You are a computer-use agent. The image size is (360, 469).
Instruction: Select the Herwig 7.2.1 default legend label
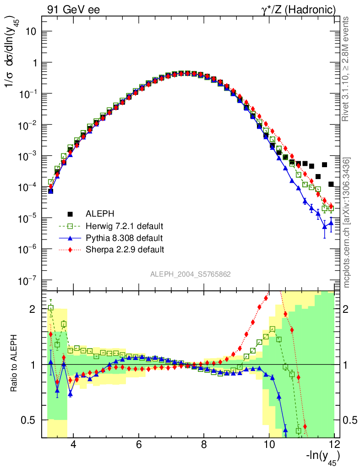(x=125, y=226)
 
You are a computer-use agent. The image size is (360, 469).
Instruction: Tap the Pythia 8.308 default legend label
(x=124, y=238)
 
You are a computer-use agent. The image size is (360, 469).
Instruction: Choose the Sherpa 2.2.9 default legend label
(x=125, y=250)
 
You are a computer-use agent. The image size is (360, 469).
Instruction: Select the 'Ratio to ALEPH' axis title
(x=15, y=365)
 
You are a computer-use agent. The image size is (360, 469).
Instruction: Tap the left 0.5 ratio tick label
(x=28, y=420)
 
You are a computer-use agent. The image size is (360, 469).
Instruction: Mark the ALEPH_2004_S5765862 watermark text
(x=191, y=274)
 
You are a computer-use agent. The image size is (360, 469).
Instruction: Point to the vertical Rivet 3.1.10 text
(x=346, y=69)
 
